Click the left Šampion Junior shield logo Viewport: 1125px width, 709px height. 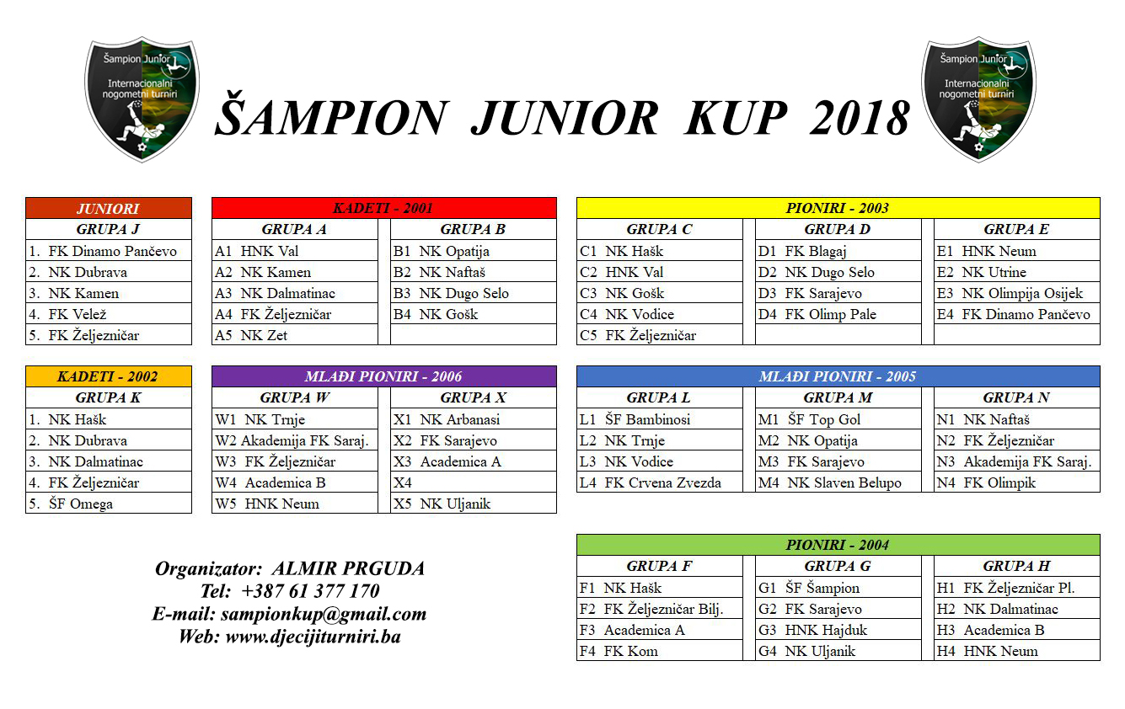[142, 99]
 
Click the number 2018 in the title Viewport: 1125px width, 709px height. [860, 118]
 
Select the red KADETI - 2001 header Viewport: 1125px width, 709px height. [383, 208]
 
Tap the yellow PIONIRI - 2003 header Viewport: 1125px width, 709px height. [838, 208]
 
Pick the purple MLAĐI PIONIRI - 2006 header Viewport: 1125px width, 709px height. [383, 376]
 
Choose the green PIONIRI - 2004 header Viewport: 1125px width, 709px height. [838, 545]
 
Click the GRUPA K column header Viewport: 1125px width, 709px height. [109, 397]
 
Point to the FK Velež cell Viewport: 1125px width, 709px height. [109, 314]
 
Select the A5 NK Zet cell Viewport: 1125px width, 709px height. [294, 335]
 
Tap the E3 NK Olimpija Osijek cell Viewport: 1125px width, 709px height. [1016, 293]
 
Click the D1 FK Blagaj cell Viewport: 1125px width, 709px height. [838, 251]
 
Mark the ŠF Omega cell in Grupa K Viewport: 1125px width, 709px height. [109, 504]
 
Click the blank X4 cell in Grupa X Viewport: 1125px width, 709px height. [473, 482]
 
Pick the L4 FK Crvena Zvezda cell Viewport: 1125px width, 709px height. [660, 482]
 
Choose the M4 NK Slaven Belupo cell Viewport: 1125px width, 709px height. [838, 482]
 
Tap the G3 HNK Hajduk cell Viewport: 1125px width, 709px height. [838, 630]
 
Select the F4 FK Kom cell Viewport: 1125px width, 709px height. [660, 651]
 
